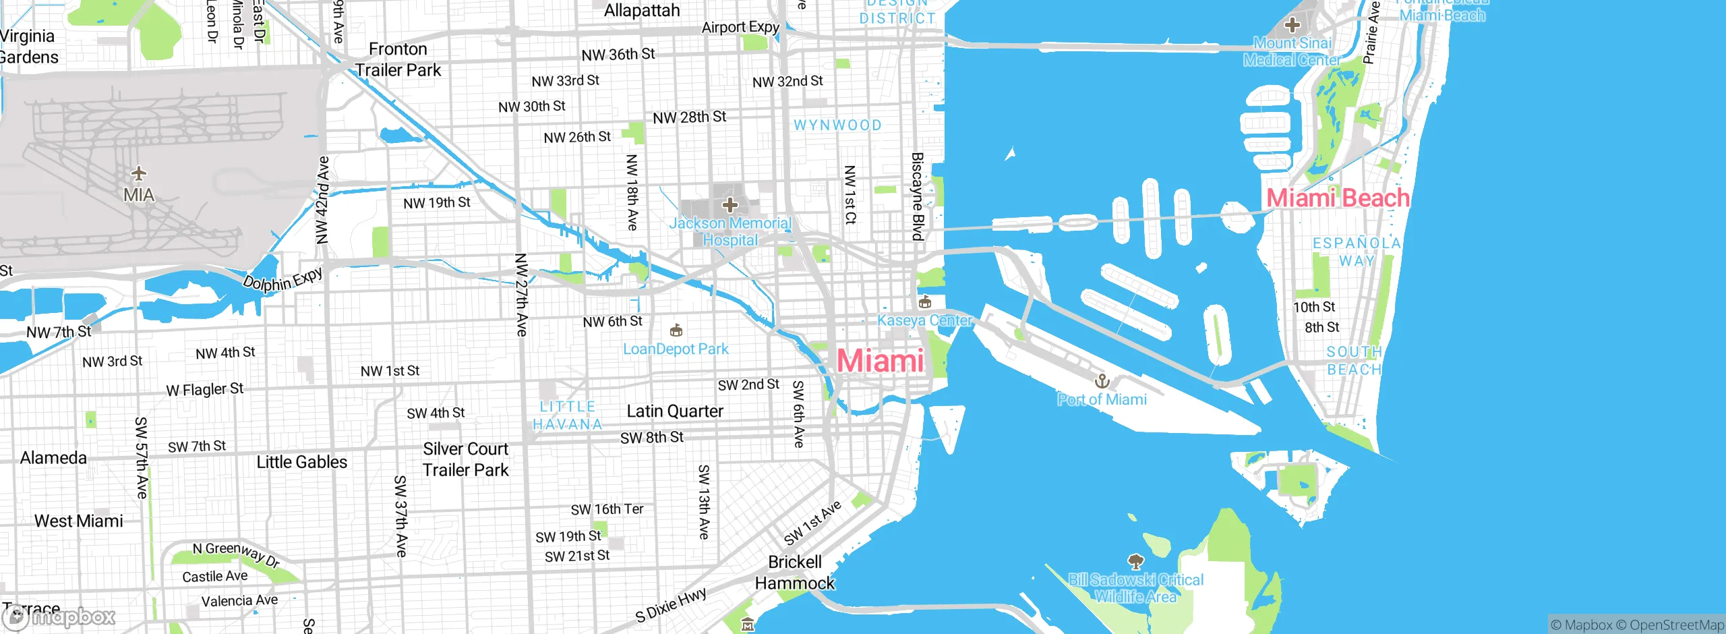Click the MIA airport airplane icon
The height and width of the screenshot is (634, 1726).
pos(139,174)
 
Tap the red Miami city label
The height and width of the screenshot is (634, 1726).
pos(880,361)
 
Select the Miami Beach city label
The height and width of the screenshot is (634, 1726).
pos(1338,198)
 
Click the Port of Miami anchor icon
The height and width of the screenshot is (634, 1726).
pos(1102,382)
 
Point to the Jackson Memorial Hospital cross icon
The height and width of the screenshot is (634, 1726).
pos(730,204)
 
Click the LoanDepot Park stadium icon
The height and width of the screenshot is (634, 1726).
pos(676,330)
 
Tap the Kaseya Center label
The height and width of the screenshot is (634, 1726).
pos(924,320)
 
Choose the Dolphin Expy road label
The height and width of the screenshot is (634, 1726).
pos(282,279)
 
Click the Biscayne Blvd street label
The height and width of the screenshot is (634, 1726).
pos(918,196)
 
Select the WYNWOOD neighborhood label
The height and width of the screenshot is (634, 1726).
pos(837,125)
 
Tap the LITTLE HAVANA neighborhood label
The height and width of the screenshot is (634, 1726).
pos(567,415)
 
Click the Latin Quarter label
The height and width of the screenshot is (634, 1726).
pos(675,411)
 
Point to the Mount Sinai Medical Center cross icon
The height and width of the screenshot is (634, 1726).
pos(1292,26)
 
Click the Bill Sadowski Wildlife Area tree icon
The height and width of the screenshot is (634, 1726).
pos(1135,561)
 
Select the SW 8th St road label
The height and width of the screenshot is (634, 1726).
pos(651,438)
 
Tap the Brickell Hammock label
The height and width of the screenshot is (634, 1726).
pos(795,573)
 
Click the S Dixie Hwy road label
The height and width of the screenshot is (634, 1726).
pos(671,605)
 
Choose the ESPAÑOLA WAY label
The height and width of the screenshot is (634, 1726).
pos(1357,252)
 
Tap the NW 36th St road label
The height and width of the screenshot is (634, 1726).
pos(618,55)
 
